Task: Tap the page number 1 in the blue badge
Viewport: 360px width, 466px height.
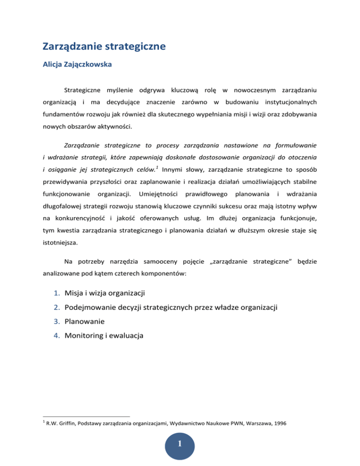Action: (180, 449)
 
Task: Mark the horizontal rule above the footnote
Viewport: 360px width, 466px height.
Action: (86, 416)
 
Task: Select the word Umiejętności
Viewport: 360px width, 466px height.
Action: (161, 194)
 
